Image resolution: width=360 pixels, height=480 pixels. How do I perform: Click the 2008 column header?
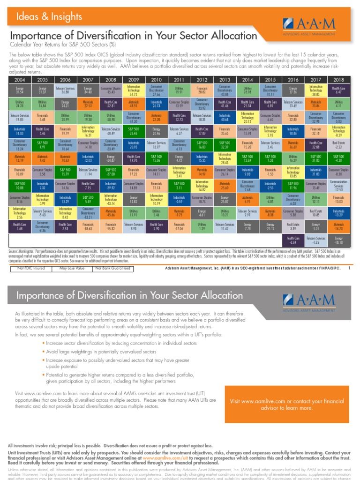tap(111, 80)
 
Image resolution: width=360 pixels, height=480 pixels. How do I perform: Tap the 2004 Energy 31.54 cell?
tap(19, 90)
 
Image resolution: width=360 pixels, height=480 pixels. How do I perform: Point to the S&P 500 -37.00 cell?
tap(111, 172)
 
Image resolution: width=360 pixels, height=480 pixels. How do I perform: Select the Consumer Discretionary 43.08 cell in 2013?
tap(225, 90)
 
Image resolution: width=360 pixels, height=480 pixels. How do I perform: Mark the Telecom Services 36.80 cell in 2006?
tap(65, 90)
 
